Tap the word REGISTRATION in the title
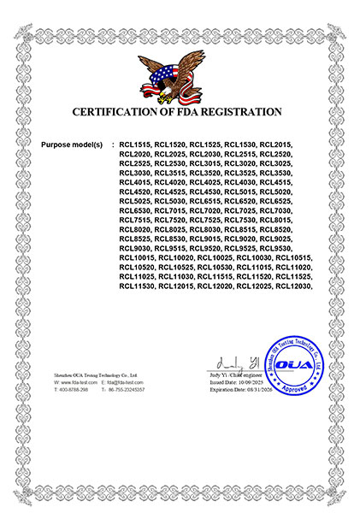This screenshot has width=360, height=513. [x=247, y=112]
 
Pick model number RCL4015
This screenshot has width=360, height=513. [x=135, y=182]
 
